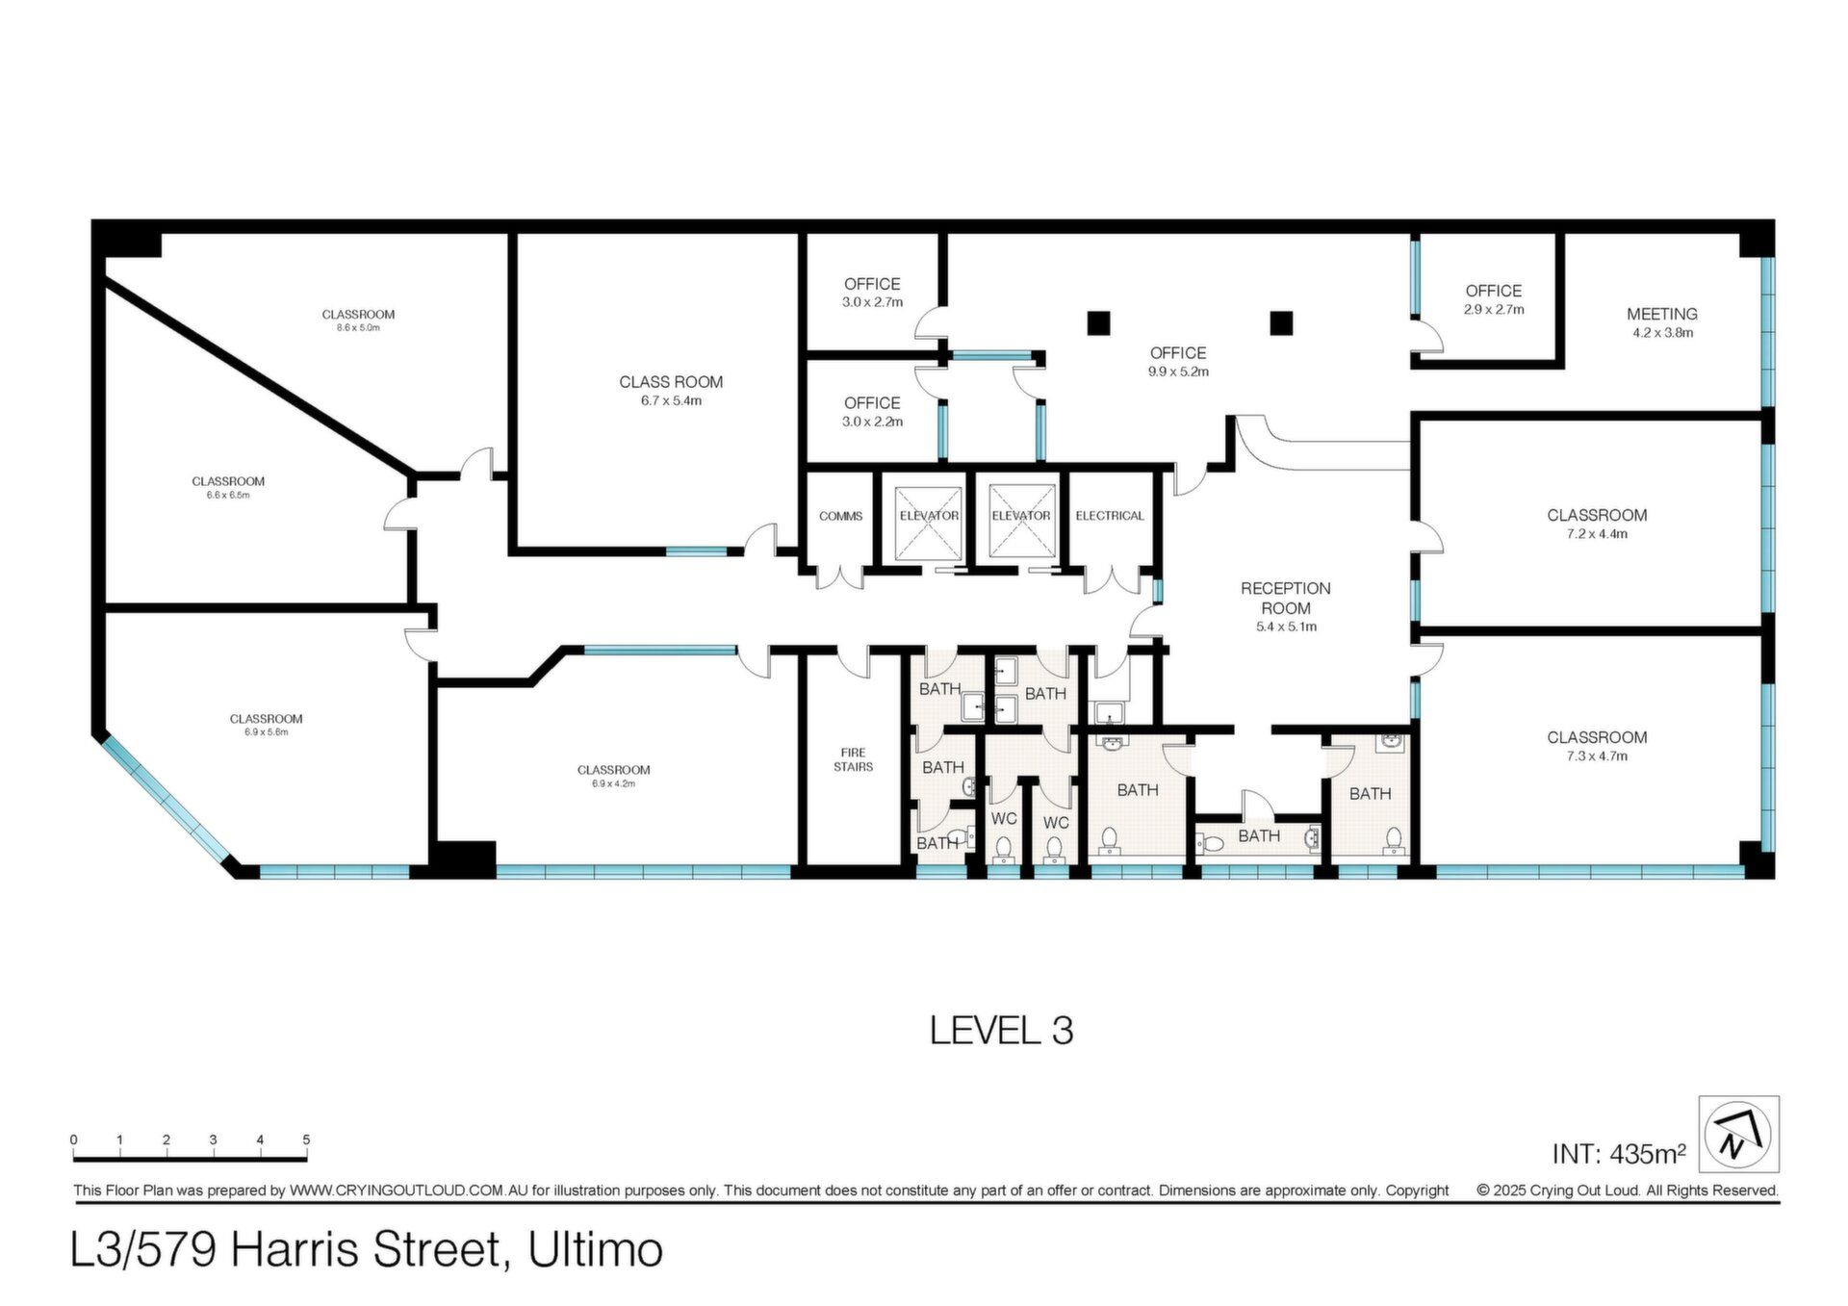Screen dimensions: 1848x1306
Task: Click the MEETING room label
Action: (x=1661, y=314)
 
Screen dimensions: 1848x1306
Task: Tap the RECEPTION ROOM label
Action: (x=1285, y=598)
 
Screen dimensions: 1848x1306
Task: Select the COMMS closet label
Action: (x=840, y=517)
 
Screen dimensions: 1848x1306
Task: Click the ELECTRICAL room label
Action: (x=1110, y=516)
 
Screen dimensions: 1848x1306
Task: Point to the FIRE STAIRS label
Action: (x=853, y=759)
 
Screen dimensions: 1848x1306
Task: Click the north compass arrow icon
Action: (x=1738, y=1134)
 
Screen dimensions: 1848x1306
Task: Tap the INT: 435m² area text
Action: (x=1619, y=1153)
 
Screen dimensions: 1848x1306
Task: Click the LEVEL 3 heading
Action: (x=1001, y=1031)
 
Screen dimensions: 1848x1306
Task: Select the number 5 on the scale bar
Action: (x=306, y=1140)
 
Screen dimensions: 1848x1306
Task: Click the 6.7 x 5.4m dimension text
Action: (x=671, y=401)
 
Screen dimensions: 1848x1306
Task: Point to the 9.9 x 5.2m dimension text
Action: (x=1178, y=371)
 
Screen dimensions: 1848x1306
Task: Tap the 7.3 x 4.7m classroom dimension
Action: (x=1597, y=756)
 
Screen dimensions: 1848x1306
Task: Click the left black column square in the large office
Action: (x=1098, y=323)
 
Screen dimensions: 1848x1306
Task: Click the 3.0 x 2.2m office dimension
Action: (x=872, y=422)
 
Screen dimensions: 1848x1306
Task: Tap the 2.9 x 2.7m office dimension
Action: (x=1494, y=310)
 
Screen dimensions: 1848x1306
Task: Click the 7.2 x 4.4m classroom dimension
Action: (x=1597, y=534)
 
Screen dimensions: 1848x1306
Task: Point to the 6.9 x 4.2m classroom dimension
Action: (x=613, y=783)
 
